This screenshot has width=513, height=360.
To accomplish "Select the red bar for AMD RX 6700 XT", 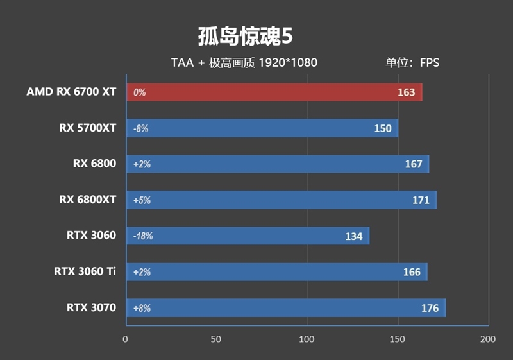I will tap(274, 92).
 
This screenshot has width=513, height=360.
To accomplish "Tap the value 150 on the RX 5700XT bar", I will tap(383, 128).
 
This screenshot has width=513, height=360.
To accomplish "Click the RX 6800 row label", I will tap(94, 164).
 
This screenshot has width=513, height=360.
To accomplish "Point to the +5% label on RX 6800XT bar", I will tap(142, 200).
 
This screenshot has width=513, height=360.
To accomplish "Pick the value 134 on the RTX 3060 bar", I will tap(354, 236).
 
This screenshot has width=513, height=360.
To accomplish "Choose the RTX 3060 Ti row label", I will tap(85, 271).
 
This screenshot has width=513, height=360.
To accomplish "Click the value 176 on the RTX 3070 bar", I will tap(430, 308).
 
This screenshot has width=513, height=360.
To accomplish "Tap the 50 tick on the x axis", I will tap(216, 339).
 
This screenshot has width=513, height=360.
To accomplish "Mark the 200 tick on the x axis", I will tap(488, 339).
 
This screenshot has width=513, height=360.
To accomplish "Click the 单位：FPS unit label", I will tap(412, 63).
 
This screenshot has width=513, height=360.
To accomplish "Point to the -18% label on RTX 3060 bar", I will tap(143, 236).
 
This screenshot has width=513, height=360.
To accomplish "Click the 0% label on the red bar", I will tap(140, 92).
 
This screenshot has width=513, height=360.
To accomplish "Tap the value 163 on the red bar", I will tap(407, 92).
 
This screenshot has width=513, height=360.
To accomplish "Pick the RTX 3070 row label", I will tap(91, 307).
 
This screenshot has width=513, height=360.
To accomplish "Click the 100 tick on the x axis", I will tap(307, 339).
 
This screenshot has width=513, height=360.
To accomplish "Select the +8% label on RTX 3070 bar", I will tap(142, 308).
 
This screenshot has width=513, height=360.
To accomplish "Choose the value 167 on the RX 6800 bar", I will tap(414, 164).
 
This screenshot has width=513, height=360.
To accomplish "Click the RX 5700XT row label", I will tap(88, 128).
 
